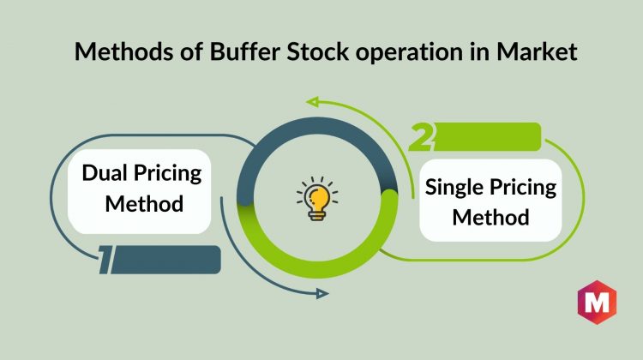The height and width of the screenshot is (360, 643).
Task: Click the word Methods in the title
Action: point(123,52)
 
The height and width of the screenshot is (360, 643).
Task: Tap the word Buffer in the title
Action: point(244,52)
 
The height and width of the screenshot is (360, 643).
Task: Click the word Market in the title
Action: point(537,52)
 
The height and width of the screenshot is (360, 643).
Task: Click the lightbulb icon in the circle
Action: point(317,199)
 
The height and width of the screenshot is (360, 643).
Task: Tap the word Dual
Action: point(104,172)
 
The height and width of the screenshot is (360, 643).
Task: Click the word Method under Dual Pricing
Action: point(144,204)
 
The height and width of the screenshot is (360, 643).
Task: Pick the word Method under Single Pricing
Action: point(491,218)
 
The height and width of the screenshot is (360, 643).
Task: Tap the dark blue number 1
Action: point(105,260)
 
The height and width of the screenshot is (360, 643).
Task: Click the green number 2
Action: point(421,136)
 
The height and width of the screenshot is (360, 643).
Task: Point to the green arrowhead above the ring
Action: point(312,102)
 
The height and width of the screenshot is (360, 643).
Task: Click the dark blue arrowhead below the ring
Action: point(322,294)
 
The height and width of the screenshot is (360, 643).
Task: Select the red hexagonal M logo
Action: point(597,303)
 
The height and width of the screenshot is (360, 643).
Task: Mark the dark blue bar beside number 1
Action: point(166,260)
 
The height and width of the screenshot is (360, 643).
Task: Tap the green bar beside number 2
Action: point(487,136)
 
